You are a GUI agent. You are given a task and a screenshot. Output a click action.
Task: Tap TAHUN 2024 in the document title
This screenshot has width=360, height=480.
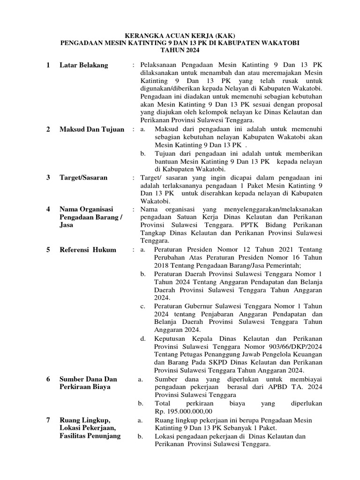pos(180,50)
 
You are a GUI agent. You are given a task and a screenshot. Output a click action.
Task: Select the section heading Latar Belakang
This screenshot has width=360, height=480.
pos(83,65)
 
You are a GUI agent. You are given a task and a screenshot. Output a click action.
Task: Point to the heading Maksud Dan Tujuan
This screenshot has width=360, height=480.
pos(92,129)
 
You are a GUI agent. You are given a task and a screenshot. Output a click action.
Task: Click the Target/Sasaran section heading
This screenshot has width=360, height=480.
pos(83,178)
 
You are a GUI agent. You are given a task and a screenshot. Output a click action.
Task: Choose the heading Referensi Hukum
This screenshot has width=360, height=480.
pos(88,250)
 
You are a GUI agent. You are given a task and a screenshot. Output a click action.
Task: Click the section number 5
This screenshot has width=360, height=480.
pos(48,250)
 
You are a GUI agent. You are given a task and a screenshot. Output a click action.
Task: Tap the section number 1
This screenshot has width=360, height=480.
pos(48,65)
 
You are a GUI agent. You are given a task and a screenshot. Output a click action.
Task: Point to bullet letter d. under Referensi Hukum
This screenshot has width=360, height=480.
pos(143,338)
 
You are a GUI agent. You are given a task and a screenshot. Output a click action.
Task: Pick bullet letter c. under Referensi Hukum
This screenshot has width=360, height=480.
pos(143,306)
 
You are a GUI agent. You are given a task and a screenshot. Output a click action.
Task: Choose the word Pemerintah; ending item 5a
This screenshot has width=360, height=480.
pos(288,266)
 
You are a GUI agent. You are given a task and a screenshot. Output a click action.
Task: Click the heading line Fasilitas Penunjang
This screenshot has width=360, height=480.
pos(90,436)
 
